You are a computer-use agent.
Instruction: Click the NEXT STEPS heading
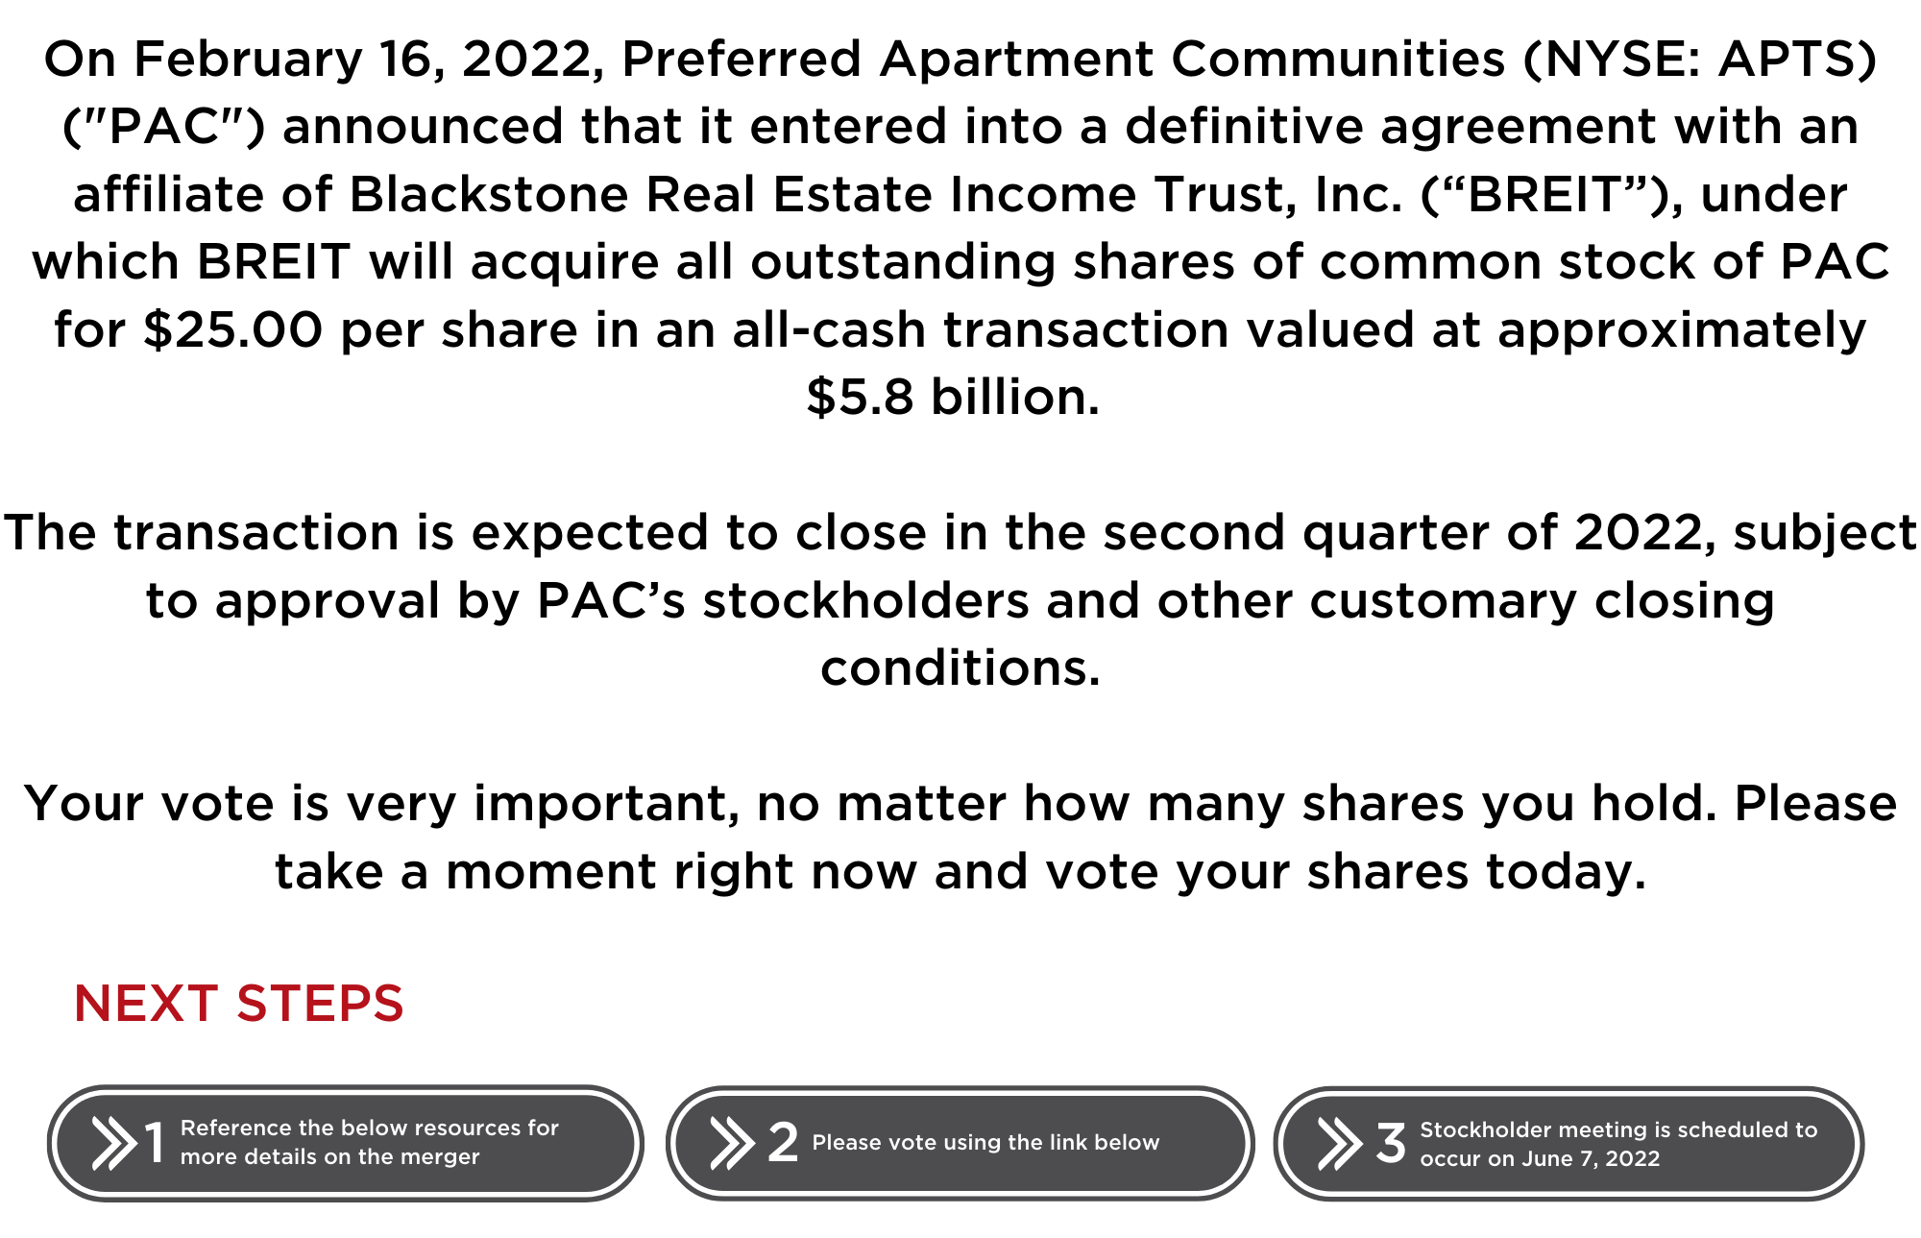239,1004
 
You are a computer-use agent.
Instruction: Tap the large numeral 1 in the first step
154,1143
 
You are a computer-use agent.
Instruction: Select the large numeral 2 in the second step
783,1142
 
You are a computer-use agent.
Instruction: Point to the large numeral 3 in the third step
1391,1143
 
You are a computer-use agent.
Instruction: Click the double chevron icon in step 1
114,1143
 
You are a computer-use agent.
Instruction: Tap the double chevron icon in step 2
732,1143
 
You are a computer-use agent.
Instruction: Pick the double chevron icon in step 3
1340,1143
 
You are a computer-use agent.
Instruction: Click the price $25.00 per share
231,330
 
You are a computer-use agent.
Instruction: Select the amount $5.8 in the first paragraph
860,397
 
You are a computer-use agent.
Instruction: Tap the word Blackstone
488,195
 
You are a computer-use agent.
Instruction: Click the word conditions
960,668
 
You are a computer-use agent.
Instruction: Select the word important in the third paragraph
606,805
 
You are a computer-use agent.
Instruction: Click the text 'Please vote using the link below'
985,1143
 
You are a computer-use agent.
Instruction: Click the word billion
1015,397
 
